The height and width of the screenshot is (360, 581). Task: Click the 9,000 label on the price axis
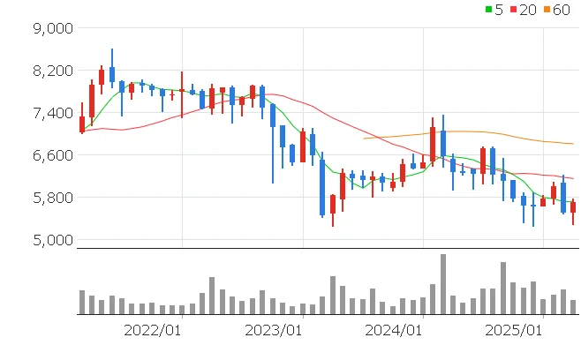tap(49, 28)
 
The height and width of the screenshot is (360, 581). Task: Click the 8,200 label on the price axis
tap(49, 71)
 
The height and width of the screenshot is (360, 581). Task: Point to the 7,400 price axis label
tap(49, 113)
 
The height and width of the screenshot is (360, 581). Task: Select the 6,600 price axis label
tap(49, 155)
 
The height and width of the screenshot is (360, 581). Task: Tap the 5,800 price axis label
tap(49, 198)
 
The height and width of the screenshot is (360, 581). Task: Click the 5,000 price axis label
tap(49, 240)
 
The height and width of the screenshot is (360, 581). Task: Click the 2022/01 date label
tap(152, 330)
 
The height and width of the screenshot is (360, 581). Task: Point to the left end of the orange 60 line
tap(364, 138)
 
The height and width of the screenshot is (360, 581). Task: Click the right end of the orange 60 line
tap(573, 144)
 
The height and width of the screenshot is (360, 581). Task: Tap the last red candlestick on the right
tap(573, 206)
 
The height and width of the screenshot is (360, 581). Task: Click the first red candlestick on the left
tap(82, 124)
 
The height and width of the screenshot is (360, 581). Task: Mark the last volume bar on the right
tap(573, 307)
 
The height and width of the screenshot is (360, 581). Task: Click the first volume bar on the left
tap(82, 302)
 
